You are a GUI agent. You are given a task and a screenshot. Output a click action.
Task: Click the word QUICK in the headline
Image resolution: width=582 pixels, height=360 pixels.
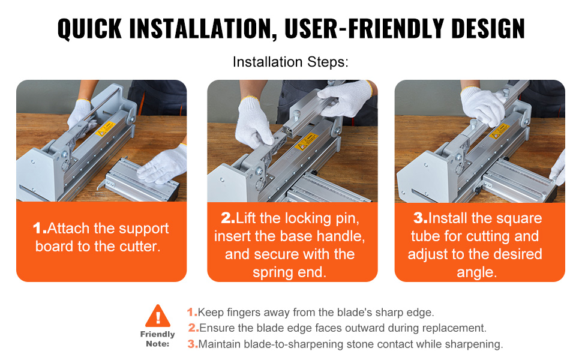89,28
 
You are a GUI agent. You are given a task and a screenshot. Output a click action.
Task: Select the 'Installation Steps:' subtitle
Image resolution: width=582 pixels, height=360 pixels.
290,62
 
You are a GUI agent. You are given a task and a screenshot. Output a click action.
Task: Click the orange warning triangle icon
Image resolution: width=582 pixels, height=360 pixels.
158,316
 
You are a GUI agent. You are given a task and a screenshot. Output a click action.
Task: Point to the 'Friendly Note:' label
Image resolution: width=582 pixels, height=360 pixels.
157,339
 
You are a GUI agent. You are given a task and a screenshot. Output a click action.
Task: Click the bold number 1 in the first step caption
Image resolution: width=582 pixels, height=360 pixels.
39,228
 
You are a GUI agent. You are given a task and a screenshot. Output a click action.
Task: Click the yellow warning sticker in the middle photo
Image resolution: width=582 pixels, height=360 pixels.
307,142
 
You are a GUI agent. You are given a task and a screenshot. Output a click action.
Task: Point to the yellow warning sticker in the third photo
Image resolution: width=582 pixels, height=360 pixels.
499,131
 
